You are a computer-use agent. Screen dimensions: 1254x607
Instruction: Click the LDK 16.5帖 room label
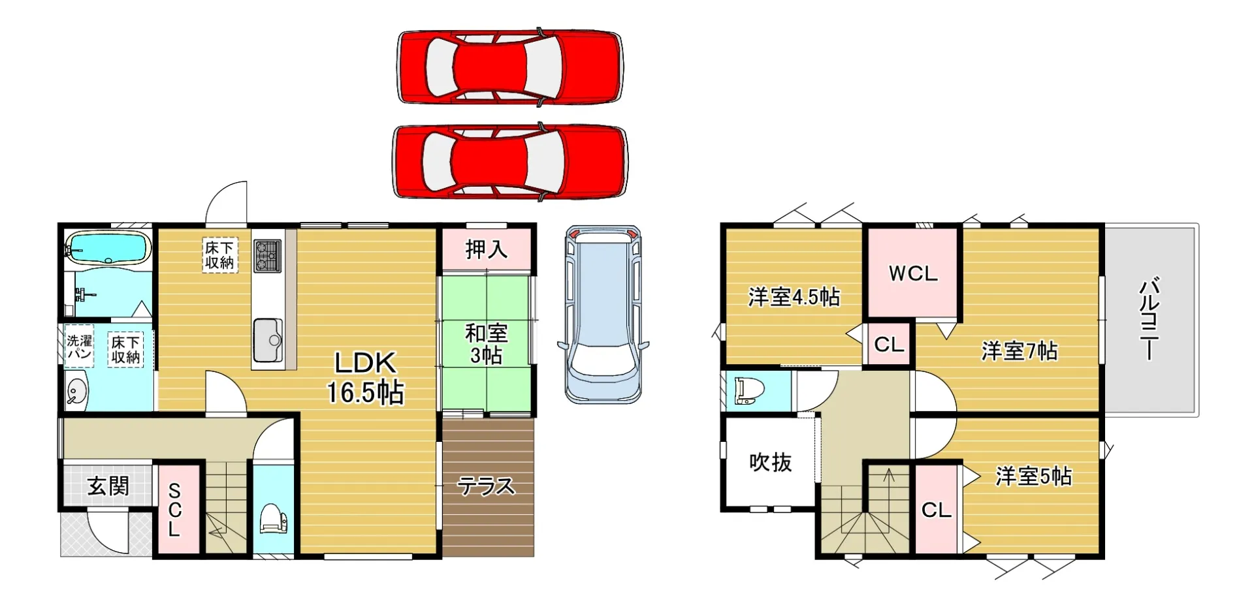[365, 377]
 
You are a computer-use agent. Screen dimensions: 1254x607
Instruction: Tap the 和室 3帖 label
[487, 343]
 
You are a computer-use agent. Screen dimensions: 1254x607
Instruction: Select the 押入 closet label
[487, 249]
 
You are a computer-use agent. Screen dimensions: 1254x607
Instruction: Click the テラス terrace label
[486, 486]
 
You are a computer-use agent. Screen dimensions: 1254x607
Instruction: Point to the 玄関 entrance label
[108, 486]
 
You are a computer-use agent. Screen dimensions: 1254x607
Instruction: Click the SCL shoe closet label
[174, 510]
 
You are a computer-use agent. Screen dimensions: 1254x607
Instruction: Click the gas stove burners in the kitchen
[268, 255]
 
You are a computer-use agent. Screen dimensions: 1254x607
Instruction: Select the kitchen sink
[268, 340]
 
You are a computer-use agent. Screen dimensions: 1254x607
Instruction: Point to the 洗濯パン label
[79, 346]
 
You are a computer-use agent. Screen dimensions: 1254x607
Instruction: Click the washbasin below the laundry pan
[77, 393]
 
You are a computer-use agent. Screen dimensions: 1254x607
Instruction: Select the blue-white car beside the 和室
[603, 314]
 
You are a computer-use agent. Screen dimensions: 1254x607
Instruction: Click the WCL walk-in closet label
[913, 273]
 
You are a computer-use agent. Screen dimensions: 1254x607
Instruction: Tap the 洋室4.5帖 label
[794, 298]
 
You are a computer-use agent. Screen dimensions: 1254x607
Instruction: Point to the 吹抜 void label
[771, 463]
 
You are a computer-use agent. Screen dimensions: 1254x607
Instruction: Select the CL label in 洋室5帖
[937, 510]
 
